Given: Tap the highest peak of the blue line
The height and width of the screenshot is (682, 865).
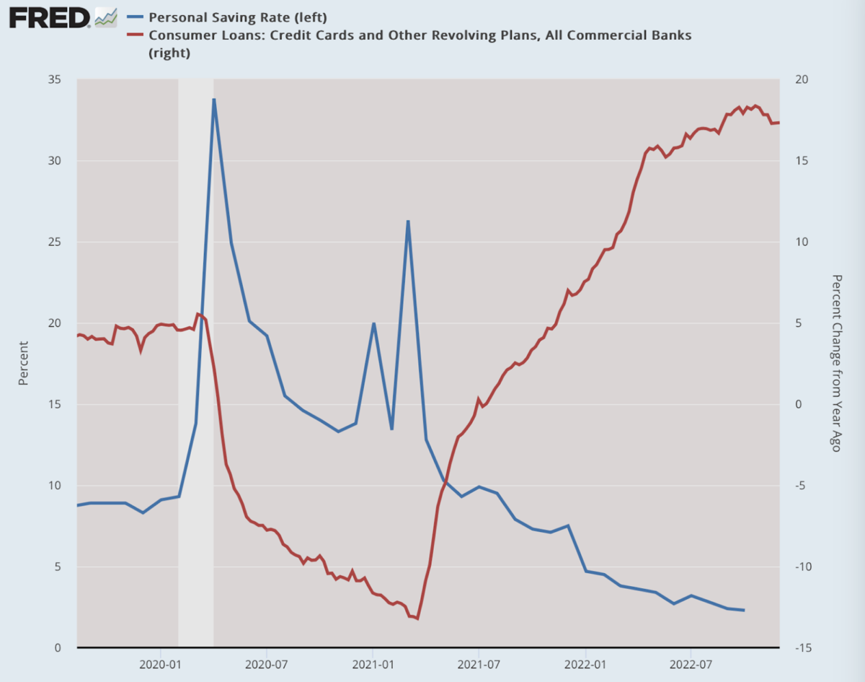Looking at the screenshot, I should pos(213,99).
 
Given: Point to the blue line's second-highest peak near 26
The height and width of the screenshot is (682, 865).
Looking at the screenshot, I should pos(408,221).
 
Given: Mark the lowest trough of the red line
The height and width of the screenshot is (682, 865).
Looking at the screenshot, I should pos(418,618).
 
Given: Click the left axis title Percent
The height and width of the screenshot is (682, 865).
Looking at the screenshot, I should pos(24,363).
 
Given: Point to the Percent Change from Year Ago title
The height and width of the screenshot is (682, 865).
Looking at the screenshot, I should pos(836,363).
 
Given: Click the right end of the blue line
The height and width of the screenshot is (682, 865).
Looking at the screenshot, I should pos(744,611).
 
